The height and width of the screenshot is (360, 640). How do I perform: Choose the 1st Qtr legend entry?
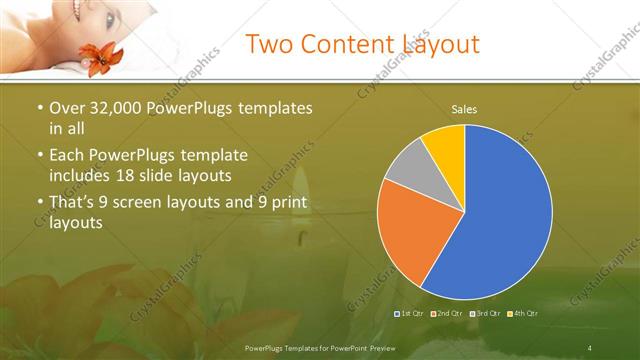click(x=409, y=313)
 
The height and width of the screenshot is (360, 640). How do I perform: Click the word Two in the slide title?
click(x=270, y=44)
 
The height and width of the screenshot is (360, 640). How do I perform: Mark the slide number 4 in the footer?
click(x=589, y=347)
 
